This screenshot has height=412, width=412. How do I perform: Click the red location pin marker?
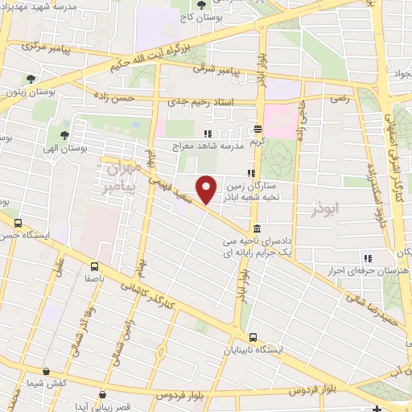click(x=207, y=188)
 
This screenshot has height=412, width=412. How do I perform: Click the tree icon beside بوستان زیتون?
click(x=31, y=79)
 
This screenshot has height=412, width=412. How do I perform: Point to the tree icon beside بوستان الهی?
click(x=63, y=135)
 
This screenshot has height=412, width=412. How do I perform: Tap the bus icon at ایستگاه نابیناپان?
click(x=253, y=338)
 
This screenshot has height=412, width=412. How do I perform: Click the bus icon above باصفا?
click(x=96, y=267)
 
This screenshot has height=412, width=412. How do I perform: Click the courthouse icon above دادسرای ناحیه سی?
click(x=255, y=229)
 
